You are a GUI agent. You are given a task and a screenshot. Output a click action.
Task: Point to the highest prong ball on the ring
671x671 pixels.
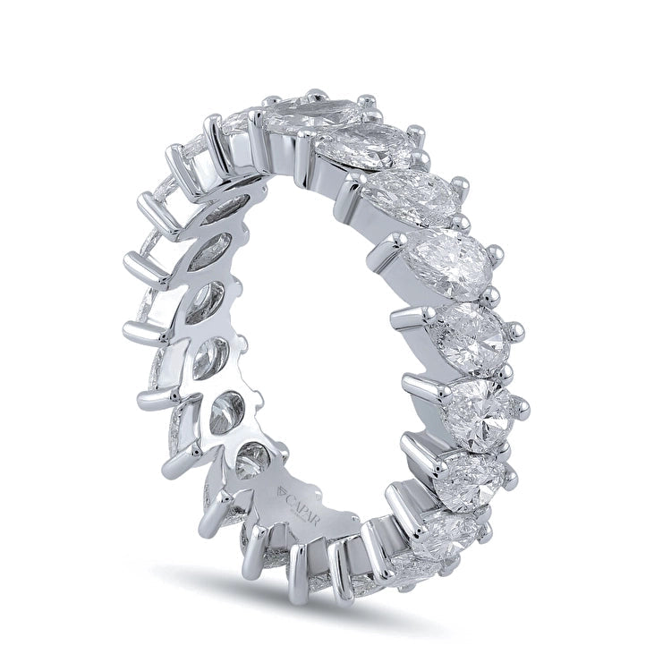point(316,94)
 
